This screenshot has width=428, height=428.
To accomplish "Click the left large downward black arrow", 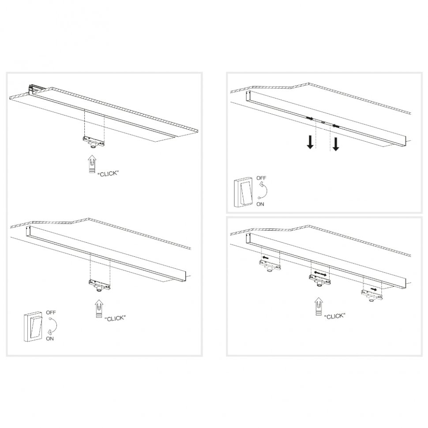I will pos(311,142).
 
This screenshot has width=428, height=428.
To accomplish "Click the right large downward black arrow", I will pos(336,143).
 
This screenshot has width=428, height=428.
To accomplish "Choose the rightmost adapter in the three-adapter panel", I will pos(371,295).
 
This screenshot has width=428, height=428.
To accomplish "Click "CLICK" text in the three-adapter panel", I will pos(334,316).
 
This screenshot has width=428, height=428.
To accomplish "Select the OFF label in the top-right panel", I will pos(261,178).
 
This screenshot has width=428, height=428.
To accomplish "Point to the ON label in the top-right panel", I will pos(260,204).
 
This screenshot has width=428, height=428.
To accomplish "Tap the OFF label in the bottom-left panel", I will pos(51,312).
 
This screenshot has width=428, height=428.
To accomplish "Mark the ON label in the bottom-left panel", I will pos(50,339).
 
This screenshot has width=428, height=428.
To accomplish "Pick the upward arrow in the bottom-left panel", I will pos(100,309).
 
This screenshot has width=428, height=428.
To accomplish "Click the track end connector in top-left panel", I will pos(35,88).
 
